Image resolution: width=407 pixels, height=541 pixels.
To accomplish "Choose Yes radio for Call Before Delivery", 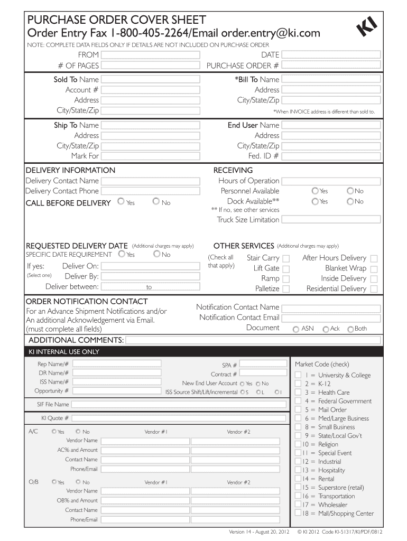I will tap(121, 201).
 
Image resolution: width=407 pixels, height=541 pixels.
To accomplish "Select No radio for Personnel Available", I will tap(350, 191).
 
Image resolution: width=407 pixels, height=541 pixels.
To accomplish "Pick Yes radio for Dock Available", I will tap(315, 201).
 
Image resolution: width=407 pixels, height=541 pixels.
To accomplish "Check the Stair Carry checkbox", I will tap(286, 258).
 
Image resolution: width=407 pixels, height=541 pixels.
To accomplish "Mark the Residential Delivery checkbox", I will tap(374, 289).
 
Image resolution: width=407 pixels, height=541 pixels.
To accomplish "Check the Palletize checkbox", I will tap(286, 289).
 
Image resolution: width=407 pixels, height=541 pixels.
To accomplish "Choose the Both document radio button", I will tap(350, 329).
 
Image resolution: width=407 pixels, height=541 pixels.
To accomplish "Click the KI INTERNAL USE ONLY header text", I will tap(64, 351).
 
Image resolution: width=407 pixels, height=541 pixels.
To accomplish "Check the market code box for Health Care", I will tap(298, 393).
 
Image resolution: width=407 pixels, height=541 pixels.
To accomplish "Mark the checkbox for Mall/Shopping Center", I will tap(298, 513).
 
